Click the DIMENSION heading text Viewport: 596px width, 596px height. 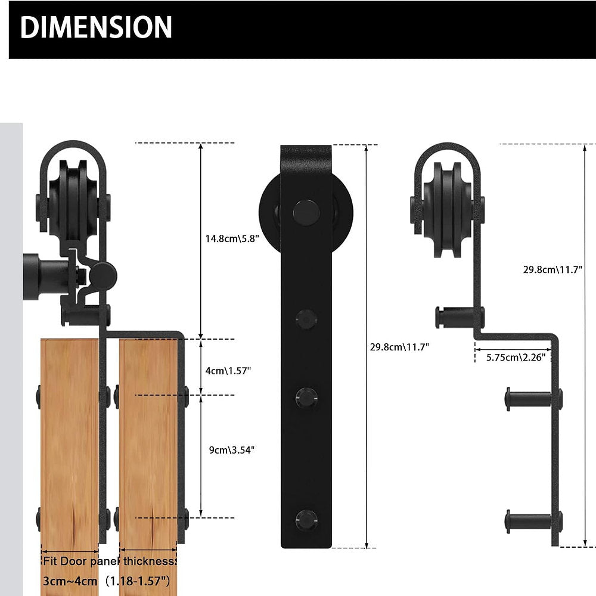pyautogui.click(x=96, y=27)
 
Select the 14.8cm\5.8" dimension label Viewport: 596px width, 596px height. pyautogui.click(x=232, y=239)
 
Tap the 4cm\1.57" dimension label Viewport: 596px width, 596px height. pyautogui.click(x=228, y=371)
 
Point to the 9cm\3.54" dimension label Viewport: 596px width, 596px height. pyautogui.click(x=231, y=450)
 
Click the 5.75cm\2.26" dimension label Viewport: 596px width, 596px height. pyautogui.click(x=516, y=357)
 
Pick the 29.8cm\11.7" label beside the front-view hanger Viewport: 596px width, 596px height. pyautogui.click(x=399, y=347)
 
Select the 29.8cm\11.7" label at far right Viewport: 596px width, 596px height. pyautogui.click(x=552, y=269)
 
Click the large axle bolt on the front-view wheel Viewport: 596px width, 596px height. pyautogui.click(x=306, y=213)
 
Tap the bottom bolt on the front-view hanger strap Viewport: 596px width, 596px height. pyautogui.click(x=306, y=520)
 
